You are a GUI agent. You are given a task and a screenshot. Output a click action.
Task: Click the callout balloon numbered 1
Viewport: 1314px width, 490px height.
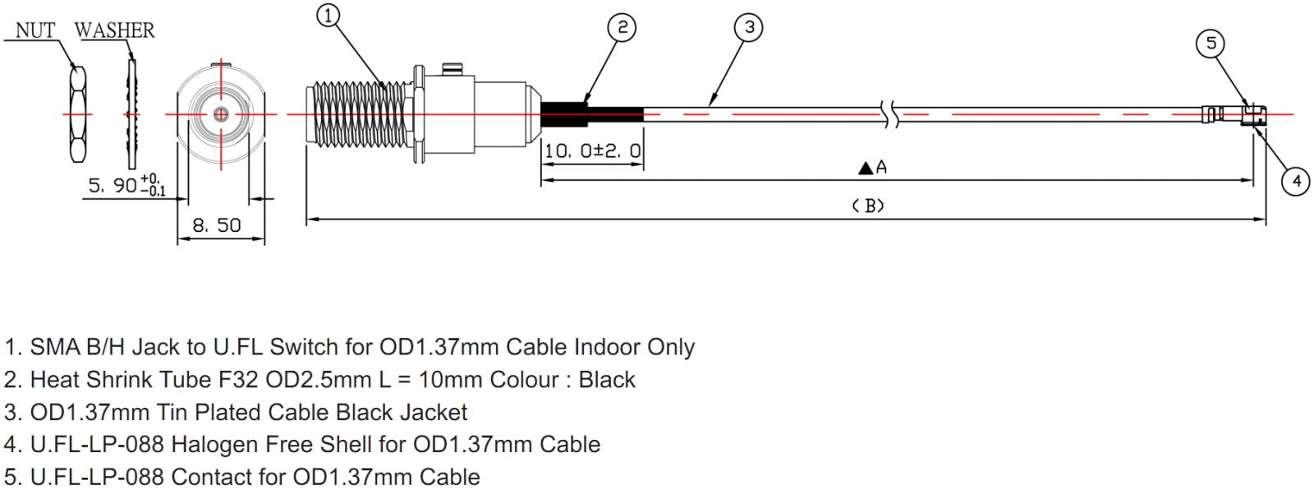(328, 16)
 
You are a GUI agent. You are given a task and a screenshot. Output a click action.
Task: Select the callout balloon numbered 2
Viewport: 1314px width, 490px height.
(622, 28)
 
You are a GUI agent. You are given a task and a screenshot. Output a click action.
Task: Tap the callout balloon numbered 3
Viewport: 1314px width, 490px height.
(748, 28)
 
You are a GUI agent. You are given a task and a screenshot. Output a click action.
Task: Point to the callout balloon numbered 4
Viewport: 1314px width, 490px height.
(1296, 180)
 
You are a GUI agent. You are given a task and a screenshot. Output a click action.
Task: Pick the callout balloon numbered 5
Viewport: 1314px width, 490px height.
(1211, 43)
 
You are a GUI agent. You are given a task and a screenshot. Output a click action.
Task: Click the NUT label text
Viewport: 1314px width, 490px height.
(35, 30)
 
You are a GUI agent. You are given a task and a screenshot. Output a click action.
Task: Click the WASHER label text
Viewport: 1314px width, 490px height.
(114, 30)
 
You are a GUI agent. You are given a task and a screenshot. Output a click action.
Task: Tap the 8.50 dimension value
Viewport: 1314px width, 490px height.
(217, 225)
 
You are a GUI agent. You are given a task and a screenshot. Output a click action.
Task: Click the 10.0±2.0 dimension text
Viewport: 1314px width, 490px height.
(592, 151)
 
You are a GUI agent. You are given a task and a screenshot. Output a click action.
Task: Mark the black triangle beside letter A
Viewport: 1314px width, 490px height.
(866, 169)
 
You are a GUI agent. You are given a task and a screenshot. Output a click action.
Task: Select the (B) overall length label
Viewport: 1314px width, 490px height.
(868, 206)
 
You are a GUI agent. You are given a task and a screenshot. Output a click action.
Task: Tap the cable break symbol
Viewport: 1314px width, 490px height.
(890, 114)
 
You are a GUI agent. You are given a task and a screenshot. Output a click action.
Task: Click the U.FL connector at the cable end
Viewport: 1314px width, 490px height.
(1240, 114)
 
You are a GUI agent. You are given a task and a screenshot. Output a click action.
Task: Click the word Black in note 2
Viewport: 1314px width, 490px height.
(607, 380)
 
